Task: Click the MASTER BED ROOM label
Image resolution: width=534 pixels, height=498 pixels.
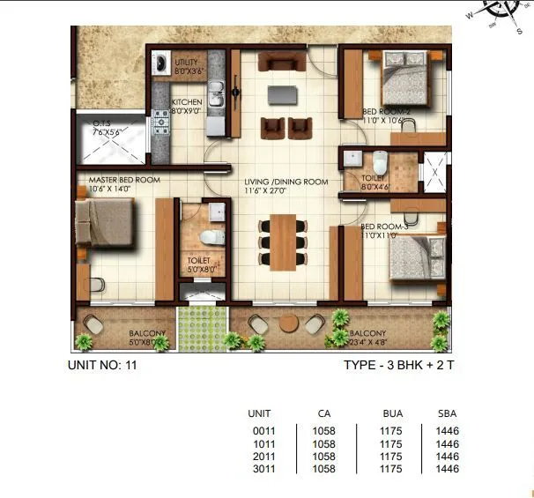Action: pos(123,180)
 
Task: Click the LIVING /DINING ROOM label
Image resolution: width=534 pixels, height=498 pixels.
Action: pos(286,182)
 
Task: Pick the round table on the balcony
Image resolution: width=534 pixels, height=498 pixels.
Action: pos(289,323)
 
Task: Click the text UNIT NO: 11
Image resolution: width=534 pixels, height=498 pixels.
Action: pos(102,362)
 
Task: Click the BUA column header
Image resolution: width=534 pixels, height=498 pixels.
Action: pos(392,413)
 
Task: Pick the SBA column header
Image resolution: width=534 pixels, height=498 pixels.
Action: pos(447,413)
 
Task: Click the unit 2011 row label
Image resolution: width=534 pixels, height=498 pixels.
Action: pos(259,457)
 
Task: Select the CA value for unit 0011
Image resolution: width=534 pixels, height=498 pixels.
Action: pos(323,430)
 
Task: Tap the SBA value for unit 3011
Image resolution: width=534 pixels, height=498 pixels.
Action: pos(447,470)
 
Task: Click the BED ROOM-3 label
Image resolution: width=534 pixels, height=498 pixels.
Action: pos(384,227)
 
